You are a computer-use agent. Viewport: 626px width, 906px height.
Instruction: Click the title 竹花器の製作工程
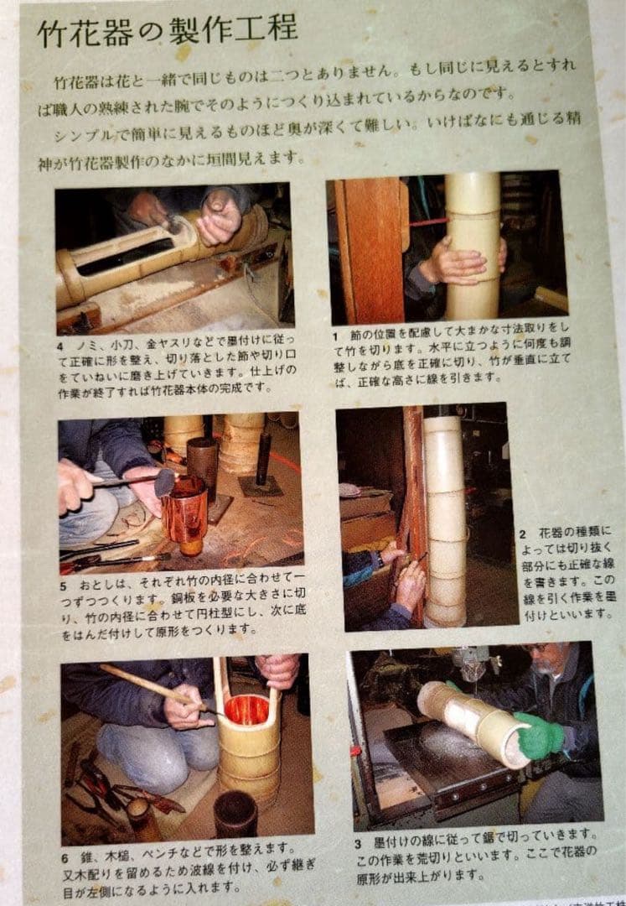tap(167, 31)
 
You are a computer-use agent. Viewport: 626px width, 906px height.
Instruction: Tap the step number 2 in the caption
tap(522, 533)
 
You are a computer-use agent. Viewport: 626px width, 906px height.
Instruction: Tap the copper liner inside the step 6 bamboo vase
tap(247, 708)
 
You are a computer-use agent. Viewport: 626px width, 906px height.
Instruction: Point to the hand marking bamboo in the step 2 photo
tap(410, 583)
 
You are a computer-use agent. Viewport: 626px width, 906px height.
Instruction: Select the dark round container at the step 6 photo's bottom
tap(236, 815)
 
